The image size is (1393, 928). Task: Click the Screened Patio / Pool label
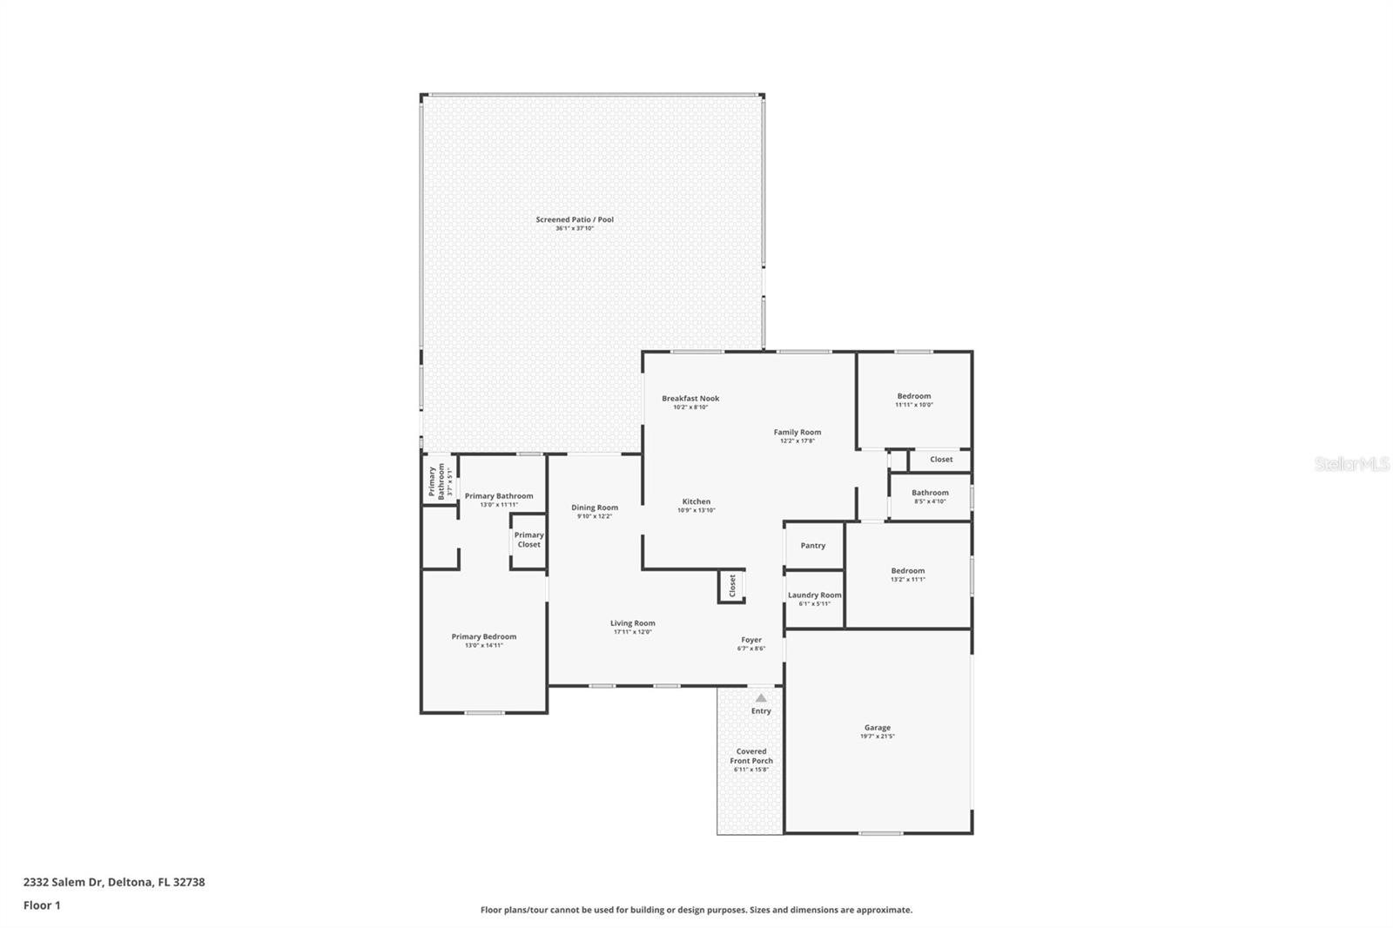[575, 219]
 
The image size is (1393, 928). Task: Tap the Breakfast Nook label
[690, 399]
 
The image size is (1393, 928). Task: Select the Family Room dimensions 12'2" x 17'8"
[797, 441]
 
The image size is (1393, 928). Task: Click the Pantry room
[813, 546]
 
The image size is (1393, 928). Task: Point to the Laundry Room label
[814, 595]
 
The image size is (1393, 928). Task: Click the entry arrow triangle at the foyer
[761, 697]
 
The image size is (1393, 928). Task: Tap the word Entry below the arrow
[761, 711]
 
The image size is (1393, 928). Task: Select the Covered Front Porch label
[751, 756]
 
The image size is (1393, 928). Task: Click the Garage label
[877, 728]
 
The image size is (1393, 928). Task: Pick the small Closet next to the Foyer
[731, 586]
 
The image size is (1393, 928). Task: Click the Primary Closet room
[528, 540]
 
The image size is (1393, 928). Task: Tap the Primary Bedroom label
[483, 636]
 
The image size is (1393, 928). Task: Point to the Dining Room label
[595, 508]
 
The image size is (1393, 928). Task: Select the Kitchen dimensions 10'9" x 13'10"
[696, 511]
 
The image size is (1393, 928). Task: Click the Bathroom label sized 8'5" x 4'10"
[930, 493]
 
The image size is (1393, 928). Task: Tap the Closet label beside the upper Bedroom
[941, 460]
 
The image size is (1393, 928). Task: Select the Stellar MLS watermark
[1351, 464]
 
